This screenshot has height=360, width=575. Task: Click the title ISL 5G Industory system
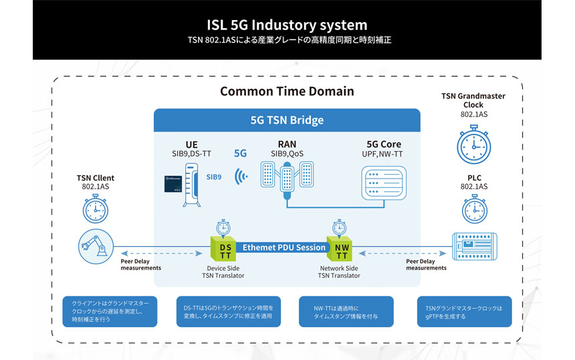tap(287, 25)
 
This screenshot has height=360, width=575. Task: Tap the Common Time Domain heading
tap(287, 91)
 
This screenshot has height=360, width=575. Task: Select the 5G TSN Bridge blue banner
tap(287, 120)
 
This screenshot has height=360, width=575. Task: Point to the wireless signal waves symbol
tap(240, 177)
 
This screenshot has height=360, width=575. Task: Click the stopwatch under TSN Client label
tap(96, 208)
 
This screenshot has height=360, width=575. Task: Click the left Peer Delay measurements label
tap(140, 264)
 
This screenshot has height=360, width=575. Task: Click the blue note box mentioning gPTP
tap(464, 311)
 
